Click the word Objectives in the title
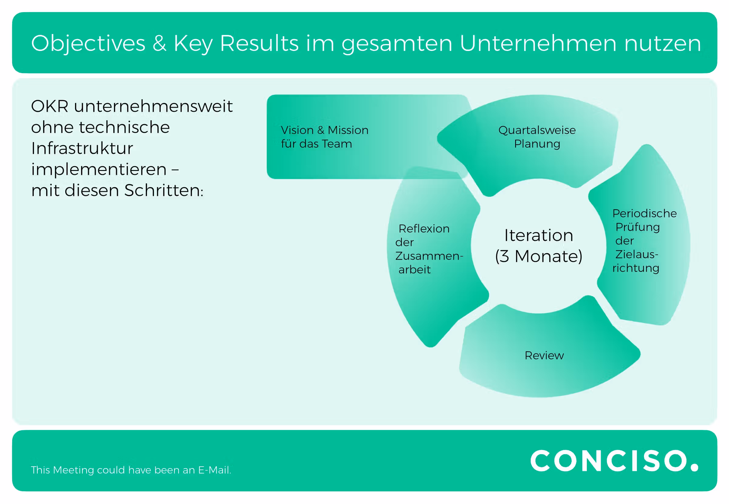[x=88, y=44]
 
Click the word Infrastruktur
[x=82, y=148]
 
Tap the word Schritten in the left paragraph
[x=164, y=190]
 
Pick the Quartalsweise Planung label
[x=537, y=137]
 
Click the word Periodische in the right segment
[x=644, y=213]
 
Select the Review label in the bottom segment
[x=544, y=356]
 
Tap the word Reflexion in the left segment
[x=424, y=229]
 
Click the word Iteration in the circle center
[x=539, y=235]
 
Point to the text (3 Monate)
[x=539, y=256]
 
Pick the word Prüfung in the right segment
[x=637, y=227]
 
